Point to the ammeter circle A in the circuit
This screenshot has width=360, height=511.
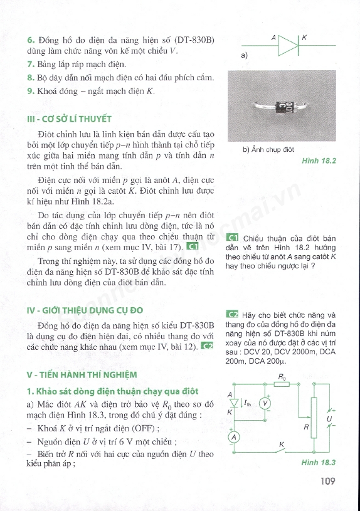pos(233,436)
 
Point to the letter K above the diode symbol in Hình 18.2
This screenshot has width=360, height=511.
pos(304,38)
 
